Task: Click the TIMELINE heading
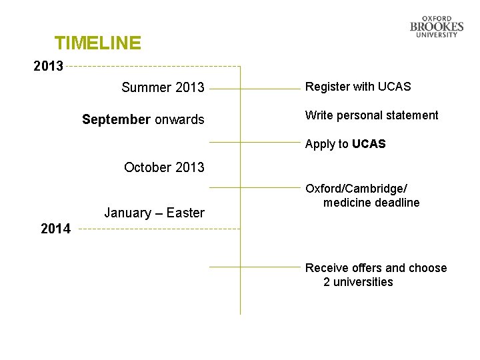click(x=98, y=43)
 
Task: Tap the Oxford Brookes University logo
click(x=437, y=27)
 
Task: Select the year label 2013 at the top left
click(x=49, y=66)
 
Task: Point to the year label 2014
click(x=55, y=229)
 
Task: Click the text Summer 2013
click(x=163, y=87)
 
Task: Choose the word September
click(x=116, y=119)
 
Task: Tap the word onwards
click(x=179, y=119)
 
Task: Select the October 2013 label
click(x=164, y=167)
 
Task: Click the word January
click(x=127, y=213)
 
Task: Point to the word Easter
click(x=185, y=213)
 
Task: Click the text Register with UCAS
click(x=358, y=87)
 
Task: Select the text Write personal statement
click(x=372, y=115)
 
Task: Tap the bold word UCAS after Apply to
click(x=369, y=144)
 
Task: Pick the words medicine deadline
click(x=371, y=203)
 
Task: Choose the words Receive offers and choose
click(x=376, y=268)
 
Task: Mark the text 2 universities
click(x=358, y=282)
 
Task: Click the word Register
click(x=326, y=87)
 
